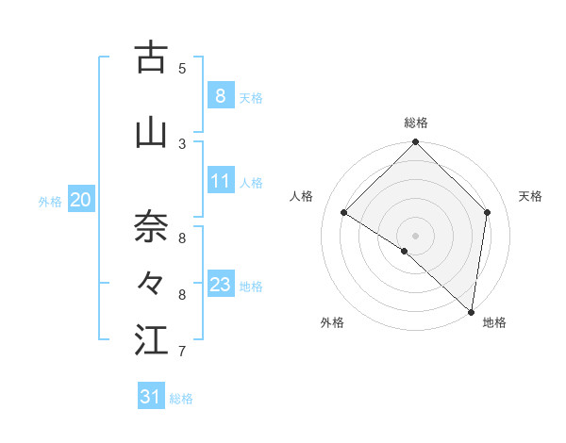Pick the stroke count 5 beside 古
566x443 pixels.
182,68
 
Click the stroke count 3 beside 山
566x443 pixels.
182,143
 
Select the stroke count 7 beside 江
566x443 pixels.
182,352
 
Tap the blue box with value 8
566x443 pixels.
221,95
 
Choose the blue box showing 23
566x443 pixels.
221,284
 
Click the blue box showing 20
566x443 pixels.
81,199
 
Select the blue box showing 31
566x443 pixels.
151,397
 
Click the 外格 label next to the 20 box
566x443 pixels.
50,201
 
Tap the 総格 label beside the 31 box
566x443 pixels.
181,399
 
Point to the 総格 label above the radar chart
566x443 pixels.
416,123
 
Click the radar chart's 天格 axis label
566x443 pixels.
530,196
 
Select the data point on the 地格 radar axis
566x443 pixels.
470,311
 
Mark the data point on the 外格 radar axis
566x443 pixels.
404,252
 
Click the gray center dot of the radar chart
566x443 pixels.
416,235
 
